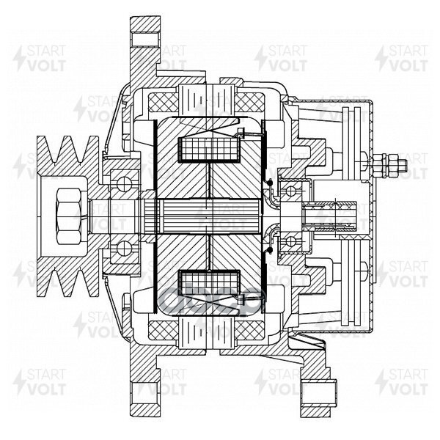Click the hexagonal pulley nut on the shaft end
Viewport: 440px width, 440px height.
(67, 210)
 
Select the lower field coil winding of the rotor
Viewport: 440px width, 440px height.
(211, 282)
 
